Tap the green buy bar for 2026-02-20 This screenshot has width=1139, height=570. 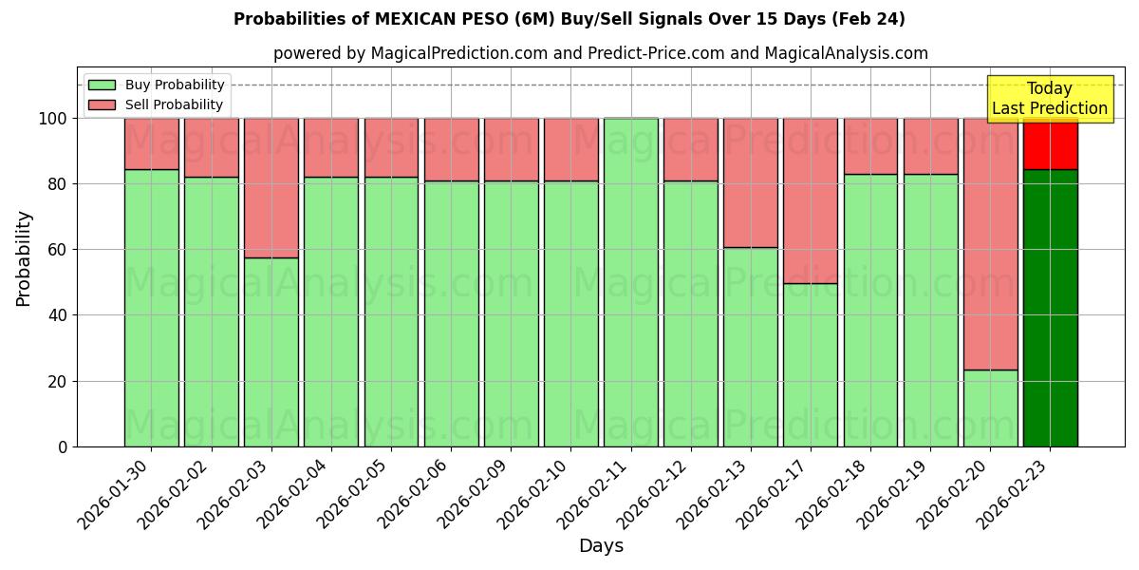coord(990,408)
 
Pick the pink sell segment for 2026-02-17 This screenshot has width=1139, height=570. coord(810,200)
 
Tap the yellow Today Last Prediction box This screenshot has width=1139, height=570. coord(1049,99)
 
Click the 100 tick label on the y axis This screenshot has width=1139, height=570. coord(54,119)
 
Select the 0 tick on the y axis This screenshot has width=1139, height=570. coord(63,446)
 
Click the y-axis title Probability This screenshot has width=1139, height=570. coord(24,258)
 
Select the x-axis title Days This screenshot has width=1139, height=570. coord(601,546)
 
